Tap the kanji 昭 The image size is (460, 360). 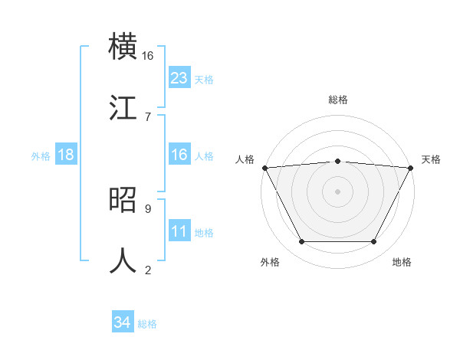(123, 200)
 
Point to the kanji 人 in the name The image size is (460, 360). (123, 260)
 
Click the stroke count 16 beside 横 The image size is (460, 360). (147, 55)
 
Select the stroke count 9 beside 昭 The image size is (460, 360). (147, 208)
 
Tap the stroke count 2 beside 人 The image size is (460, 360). (147, 269)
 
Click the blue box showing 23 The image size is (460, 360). (179, 78)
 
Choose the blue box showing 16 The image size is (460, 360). (179, 155)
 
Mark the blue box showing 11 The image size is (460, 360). (179, 231)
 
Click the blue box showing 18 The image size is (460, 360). (66, 155)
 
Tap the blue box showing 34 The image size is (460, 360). (123, 322)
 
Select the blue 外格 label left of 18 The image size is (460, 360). (41, 155)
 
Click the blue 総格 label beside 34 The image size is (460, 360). (147, 324)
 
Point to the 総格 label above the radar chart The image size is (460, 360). (338, 100)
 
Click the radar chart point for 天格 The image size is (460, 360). (411, 168)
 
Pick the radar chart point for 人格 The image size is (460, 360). (264, 168)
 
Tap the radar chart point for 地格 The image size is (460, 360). (374, 242)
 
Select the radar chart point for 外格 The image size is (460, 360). (301, 242)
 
